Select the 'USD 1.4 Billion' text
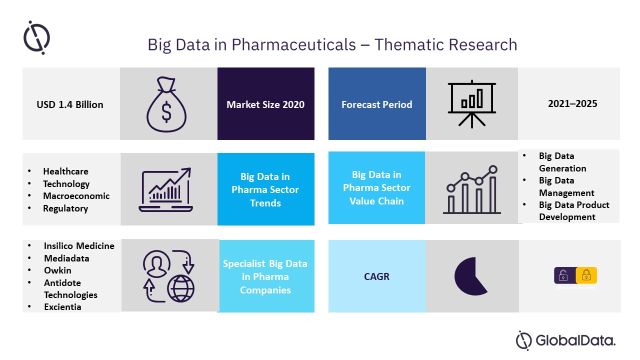point(70,104)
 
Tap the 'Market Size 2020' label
point(265,104)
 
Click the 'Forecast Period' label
point(376,104)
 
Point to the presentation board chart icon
point(472,104)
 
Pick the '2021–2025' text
point(572,104)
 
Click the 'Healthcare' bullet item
point(65,171)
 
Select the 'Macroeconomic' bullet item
point(76,196)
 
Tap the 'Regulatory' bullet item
point(65,208)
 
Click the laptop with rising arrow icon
point(166,190)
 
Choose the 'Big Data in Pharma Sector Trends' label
point(265,190)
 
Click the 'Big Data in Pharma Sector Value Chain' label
point(376,187)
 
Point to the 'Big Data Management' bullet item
point(566,186)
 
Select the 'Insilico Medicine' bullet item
point(79,246)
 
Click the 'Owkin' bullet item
point(57,270)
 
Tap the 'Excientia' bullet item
point(62,307)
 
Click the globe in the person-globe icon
point(181,288)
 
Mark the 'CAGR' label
point(376,276)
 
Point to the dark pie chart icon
point(469,276)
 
